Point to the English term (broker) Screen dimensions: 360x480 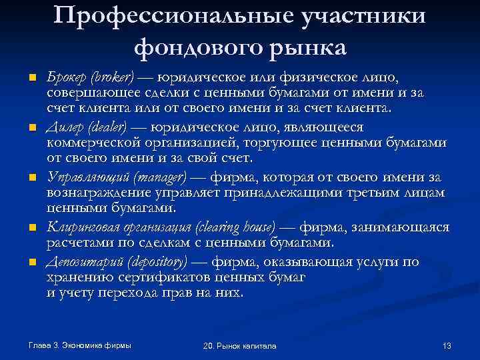coord(111,77)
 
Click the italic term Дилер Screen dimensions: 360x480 coord(63,127)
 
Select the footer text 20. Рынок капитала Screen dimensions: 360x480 coord(240,345)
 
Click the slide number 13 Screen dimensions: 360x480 coord(447,345)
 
